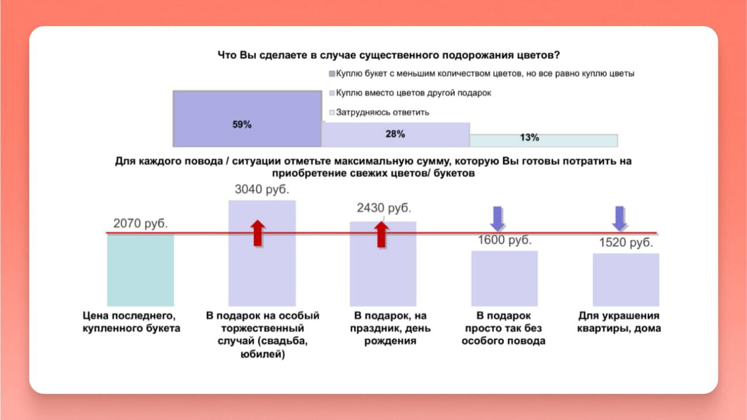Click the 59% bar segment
(247, 119)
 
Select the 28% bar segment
(396, 134)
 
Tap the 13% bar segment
(544, 141)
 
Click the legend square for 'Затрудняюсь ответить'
(332, 113)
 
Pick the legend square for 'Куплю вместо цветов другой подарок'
(332, 93)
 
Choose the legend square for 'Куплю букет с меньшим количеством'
(332, 73)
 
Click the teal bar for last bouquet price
(141, 270)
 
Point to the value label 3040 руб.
(262, 189)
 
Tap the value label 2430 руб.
(384, 208)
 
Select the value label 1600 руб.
(504, 240)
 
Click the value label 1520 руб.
(626, 243)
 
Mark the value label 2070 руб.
(141, 223)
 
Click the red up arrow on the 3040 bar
(257, 233)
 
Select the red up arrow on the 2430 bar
(381, 235)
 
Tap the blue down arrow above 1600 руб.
(497, 219)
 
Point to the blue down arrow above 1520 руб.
(620, 219)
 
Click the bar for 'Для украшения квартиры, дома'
(626, 280)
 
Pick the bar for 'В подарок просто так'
(504, 279)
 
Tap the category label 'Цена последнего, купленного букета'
(131, 322)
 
